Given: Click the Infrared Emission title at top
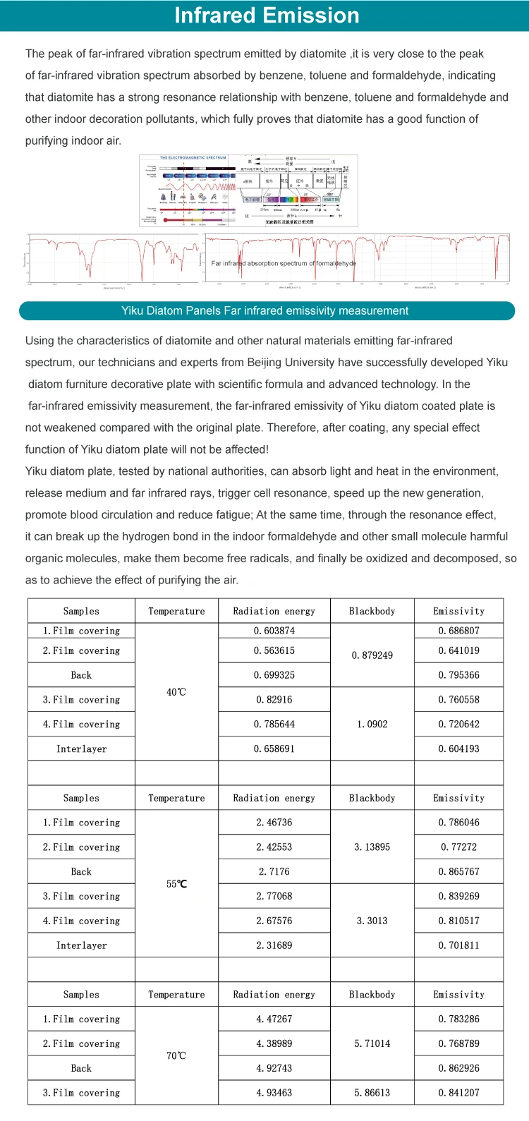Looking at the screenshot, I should click(267, 16).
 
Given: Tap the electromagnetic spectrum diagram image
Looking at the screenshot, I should click(248, 190).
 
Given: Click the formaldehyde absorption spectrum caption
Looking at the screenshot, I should click(284, 263).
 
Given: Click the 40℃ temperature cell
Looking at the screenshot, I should click(176, 692).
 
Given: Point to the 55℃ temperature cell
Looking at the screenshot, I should click(176, 884).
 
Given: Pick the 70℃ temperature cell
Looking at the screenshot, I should click(176, 1055).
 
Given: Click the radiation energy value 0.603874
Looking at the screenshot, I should click(274, 631).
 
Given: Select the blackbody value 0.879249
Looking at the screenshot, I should click(372, 655).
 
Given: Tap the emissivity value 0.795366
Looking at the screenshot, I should click(458, 675).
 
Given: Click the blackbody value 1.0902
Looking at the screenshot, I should click(372, 724).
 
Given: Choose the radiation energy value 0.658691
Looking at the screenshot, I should click(274, 749).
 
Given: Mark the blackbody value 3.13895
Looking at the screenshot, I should click(372, 847).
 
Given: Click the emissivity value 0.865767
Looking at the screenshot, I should click(458, 871).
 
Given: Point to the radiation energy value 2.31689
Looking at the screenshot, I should click(274, 945).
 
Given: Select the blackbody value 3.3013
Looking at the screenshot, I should click(372, 921).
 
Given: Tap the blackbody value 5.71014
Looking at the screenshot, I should click(372, 1043).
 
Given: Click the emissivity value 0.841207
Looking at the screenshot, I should click(458, 1093).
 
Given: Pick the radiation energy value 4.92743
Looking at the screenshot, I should click(274, 1068).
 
